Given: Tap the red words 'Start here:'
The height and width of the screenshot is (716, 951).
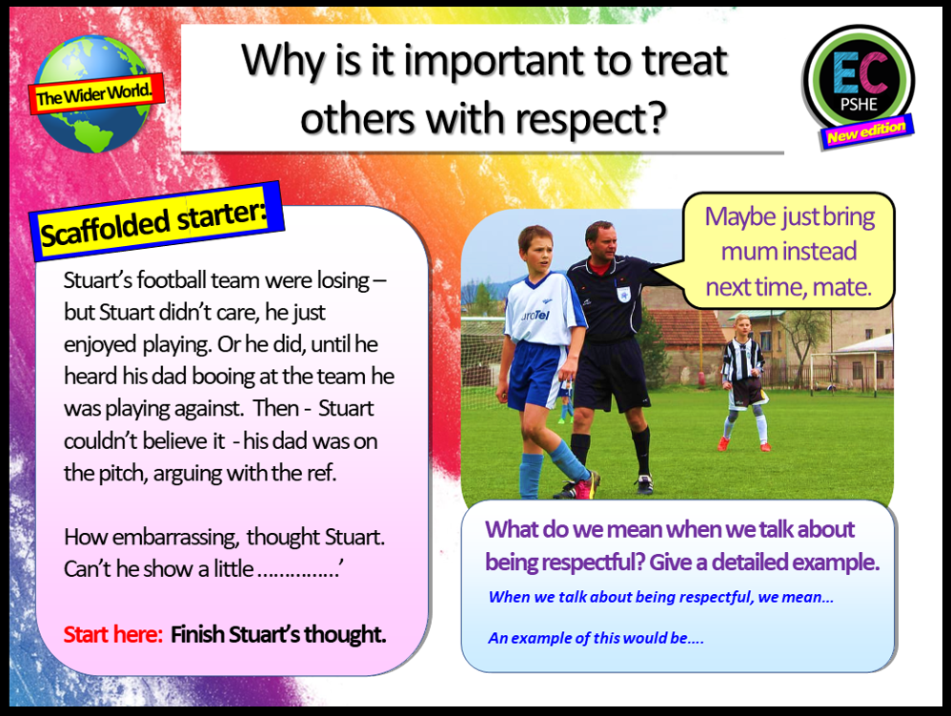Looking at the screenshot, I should [113, 635].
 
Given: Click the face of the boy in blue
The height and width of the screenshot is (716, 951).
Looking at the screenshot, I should [536, 249].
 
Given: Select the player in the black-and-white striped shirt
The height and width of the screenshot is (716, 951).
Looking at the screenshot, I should [742, 377].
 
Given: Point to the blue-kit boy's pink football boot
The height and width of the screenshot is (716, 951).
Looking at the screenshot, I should [583, 486].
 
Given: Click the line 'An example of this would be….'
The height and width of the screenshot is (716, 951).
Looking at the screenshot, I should [596, 638].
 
